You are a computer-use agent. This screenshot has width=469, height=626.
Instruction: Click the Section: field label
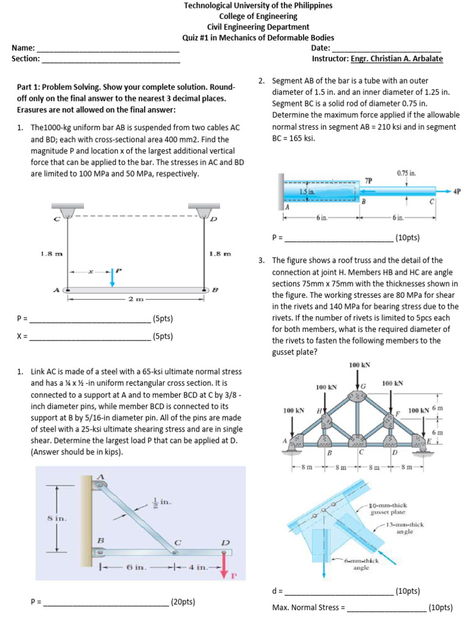(x=26, y=59)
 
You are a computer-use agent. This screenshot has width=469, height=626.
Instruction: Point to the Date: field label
(x=321, y=48)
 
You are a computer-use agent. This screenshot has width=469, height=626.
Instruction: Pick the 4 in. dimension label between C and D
(x=198, y=567)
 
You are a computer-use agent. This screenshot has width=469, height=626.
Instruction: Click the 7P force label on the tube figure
(x=368, y=180)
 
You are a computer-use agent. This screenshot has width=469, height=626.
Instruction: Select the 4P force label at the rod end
(x=457, y=191)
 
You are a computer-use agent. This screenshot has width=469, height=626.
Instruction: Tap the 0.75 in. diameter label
(x=406, y=173)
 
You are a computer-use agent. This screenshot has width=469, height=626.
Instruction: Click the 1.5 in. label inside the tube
(x=307, y=192)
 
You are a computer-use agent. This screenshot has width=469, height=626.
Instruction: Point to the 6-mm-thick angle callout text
(x=362, y=564)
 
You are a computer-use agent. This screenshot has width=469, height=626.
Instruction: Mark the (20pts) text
(x=183, y=602)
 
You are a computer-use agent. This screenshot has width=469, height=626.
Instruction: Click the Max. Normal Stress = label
(x=308, y=608)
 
